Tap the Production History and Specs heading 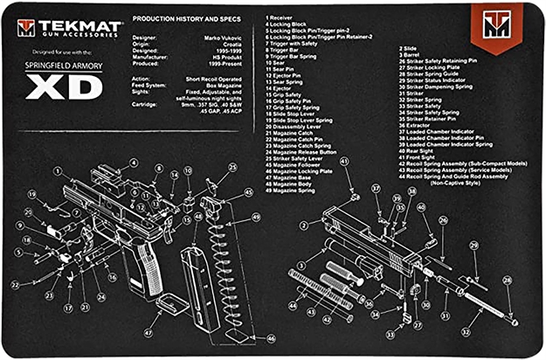[186, 19]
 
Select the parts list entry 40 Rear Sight [423, 149]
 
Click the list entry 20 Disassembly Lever [302, 125]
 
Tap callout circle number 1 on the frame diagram [57, 172]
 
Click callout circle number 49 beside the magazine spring [255, 217]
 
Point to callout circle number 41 [344, 162]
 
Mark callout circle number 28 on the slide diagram [508, 280]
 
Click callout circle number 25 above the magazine [232, 167]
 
